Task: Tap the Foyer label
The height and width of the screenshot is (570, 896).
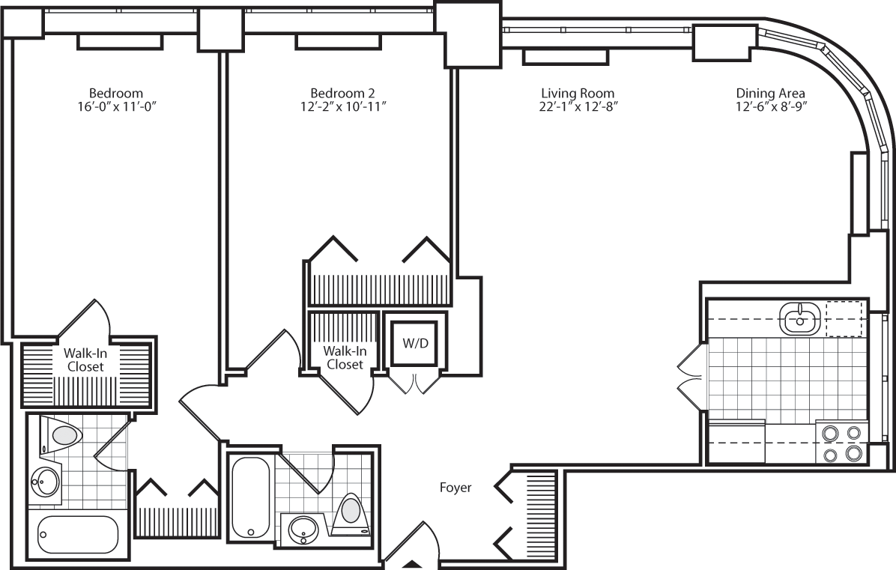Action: click(x=455, y=488)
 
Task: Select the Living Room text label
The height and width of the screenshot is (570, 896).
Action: click(x=578, y=93)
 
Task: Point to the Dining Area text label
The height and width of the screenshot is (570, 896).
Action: click(x=770, y=93)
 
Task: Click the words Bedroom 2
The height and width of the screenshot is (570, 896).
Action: click(x=343, y=93)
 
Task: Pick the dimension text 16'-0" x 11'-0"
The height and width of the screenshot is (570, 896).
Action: click(x=116, y=106)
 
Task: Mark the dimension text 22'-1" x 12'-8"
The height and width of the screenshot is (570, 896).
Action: click(x=578, y=106)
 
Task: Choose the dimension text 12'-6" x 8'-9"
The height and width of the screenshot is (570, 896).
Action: click(x=770, y=106)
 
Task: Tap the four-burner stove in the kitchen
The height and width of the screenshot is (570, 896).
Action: click(x=841, y=443)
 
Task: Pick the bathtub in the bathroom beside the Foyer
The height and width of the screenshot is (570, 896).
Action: click(x=246, y=497)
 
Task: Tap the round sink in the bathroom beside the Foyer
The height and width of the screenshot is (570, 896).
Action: click(x=304, y=530)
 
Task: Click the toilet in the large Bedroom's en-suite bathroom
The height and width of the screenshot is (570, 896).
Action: click(x=63, y=435)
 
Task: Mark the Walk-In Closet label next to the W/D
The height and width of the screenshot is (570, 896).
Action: click(x=344, y=357)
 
